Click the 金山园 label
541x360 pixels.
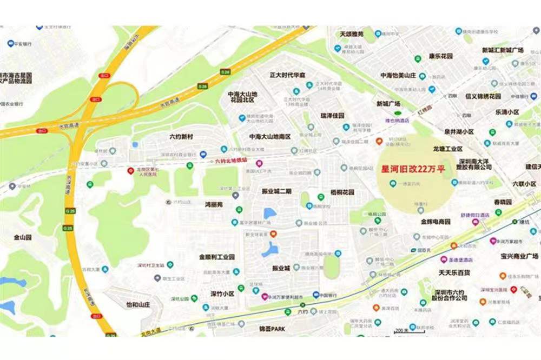pyautogui.click(x=23, y=237)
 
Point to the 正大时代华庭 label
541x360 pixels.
pyautogui.click(x=287, y=75)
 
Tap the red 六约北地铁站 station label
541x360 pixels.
pyautogui.click(x=231, y=161)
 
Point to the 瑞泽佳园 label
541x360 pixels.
pyautogui.click(x=332, y=116)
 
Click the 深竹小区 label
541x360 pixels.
pyautogui.click(x=222, y=294)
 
